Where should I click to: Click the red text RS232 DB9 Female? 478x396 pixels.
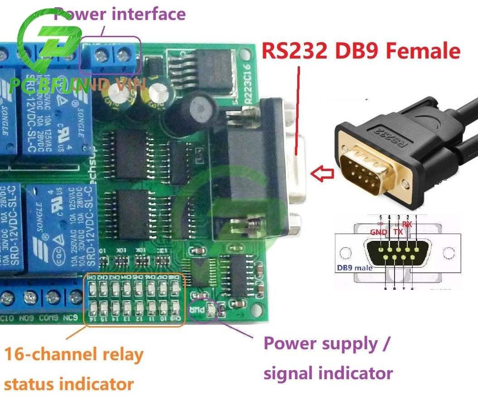(x=361, y=51)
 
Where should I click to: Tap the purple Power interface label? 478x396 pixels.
(x=120, y=14)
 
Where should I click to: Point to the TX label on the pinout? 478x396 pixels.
(x=398, y=232)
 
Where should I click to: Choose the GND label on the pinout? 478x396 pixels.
(x=378, y=232)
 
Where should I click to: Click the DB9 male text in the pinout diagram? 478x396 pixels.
(x=354, y=268)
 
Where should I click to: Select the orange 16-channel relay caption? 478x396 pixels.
(x=74, y=354)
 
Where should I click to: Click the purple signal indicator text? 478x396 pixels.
(x=328, y=373)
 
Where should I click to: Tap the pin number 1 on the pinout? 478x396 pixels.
(x=416, y=217)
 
